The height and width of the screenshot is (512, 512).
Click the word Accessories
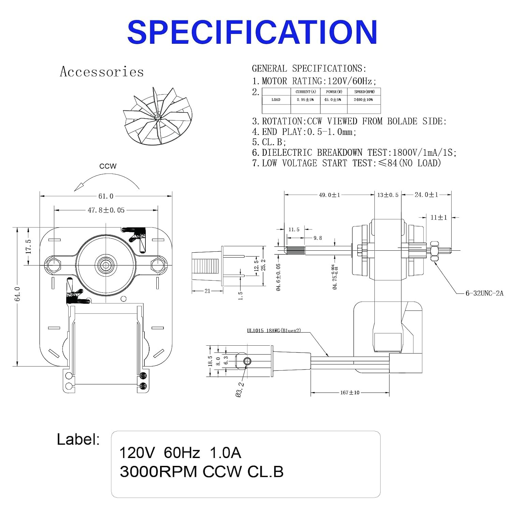coord(102,72)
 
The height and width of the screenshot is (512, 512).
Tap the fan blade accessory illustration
coord(158,116)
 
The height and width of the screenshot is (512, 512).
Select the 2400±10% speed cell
coord(363,100)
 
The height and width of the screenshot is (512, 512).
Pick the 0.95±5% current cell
coord(305,100)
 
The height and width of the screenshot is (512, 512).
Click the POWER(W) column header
coord(334,92)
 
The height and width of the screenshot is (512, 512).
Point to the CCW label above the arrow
coord(108,166)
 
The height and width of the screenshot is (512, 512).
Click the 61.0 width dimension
coord(106,196)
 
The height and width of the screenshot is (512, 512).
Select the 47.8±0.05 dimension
coord(106,210)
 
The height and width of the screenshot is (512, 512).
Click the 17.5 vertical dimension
coord(29,246)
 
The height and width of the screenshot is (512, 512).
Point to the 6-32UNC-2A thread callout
coord(484,293)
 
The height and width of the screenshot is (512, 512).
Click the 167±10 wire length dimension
coord(350,393)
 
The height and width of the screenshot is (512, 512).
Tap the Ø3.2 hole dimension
coord(240,389)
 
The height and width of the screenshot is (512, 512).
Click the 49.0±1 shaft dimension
coord(329,195)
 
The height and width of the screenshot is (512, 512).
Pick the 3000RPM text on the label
coord(158,472)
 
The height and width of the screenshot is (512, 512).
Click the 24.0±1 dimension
coord(426,195)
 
